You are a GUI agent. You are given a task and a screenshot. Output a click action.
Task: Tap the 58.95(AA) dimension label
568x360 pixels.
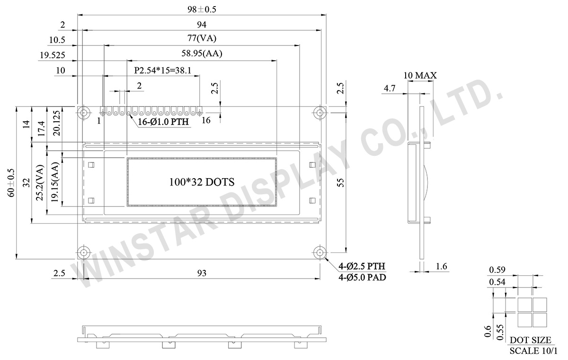click(202, 54)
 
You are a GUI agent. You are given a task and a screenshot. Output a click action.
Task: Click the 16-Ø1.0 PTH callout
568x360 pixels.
click(163, 122)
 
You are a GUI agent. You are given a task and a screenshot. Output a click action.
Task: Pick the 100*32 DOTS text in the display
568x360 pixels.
click(202, 181)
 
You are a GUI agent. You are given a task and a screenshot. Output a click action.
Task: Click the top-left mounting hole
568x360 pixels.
click(84, 112)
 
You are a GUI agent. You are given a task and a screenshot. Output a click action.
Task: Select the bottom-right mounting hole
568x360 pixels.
click(320, 252)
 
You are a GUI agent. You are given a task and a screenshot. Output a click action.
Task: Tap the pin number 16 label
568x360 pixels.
click(206, 120)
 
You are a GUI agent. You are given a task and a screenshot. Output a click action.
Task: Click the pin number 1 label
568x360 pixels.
click(99, 120)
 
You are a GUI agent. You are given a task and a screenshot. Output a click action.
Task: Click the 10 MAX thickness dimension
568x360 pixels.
click(420, 75)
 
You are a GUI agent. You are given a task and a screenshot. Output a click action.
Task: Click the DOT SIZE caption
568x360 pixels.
click(530, 340)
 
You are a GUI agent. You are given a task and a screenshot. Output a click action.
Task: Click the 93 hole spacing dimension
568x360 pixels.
click(202, 273)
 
